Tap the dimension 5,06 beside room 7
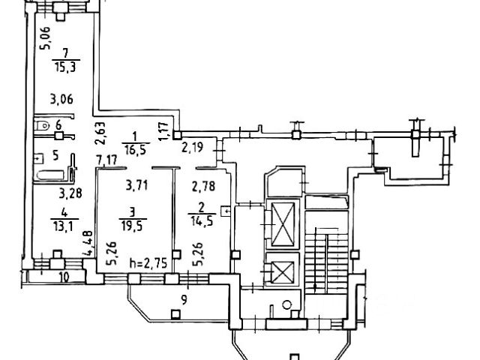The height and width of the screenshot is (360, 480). [x=46, y=37]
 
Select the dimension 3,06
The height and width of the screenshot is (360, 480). [x=61, y=98]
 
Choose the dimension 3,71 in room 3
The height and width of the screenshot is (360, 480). [x=136, y=185]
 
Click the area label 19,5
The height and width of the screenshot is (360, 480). [x=134, y=223]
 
